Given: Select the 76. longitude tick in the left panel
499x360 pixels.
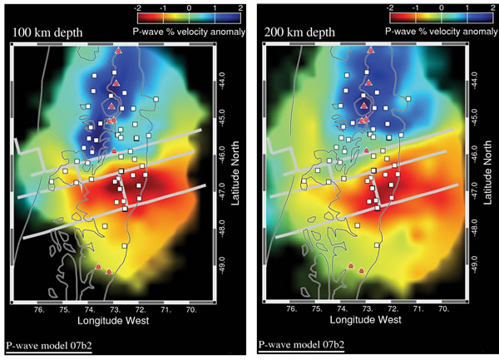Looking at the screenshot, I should click(39, 309).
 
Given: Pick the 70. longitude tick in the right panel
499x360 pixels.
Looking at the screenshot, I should click(445, 309).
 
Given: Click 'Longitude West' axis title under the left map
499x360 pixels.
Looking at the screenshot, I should click(114, 320).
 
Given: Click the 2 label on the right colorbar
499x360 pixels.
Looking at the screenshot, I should click(491, 6).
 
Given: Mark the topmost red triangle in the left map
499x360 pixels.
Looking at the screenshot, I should click(118, 52).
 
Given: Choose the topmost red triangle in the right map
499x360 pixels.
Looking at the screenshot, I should click(371, 52).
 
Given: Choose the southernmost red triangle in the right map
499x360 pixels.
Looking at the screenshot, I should click(351, 267).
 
